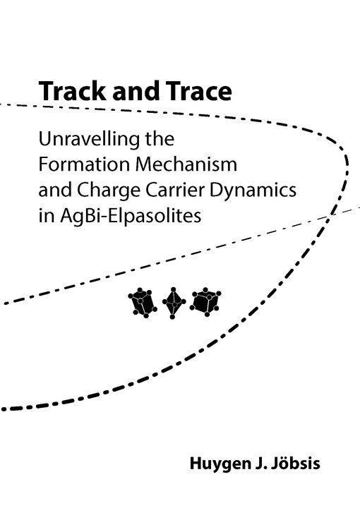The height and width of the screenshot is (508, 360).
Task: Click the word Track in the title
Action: point(72,91)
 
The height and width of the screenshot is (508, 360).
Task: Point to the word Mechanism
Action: point(186,164)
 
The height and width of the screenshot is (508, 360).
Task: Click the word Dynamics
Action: point(253,190)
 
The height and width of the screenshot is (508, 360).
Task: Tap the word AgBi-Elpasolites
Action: point(131,217)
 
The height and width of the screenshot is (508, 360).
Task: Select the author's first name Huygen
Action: point(218,464)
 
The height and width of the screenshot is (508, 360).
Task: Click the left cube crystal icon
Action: point(143,302)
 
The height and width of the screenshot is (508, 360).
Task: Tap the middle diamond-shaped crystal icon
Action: point(174,303)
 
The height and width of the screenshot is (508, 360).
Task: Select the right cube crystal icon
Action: point(205,301)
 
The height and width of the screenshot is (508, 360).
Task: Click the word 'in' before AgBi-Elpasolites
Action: point(47,216)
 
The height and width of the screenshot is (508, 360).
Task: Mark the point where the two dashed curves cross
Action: point(330,214)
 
